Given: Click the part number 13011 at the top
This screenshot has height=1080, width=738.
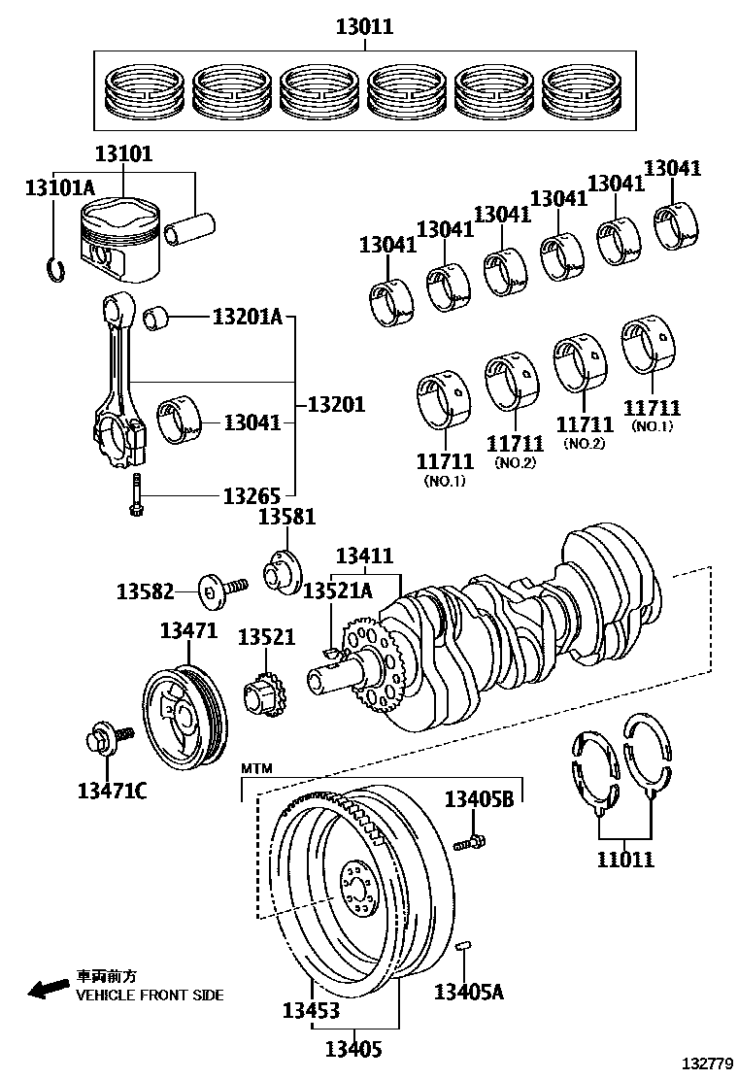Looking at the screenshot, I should click(x=364, y=27).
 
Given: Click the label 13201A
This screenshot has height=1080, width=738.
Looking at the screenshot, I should click(x=247, y=317).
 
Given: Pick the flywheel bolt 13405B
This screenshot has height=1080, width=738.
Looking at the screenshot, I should click(x=473, y=840).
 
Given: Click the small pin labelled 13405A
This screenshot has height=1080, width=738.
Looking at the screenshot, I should click(x=464, y=945).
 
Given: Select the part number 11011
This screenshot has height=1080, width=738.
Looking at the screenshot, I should click(x=625, y=859).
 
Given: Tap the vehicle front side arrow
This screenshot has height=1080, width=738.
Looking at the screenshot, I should click(x=48, y=989).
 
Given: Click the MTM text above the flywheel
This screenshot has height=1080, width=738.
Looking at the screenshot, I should click(x=257, y=768).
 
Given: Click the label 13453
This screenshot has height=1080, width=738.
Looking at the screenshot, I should click(x=311, y=1011).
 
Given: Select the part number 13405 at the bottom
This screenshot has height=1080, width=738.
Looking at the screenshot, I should click(x=353, y=1049).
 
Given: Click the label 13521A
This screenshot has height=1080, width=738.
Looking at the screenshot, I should click(x=337, y=591).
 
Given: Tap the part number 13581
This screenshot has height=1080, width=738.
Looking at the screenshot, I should click(x=286, y=517).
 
